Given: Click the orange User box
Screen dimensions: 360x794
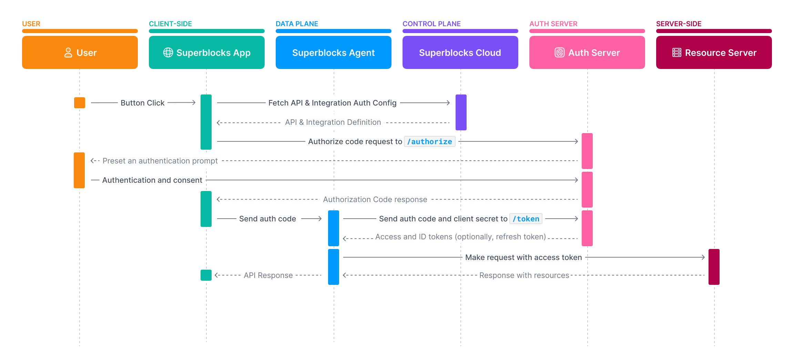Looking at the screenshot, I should (80, 52).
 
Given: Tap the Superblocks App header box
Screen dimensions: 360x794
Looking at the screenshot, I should (206, 52).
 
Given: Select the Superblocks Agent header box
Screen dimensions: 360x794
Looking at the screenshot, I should (333, 52).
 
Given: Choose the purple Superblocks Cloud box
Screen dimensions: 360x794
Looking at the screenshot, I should (460, 52).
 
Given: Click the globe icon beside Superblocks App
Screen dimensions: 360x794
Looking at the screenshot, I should (168, 52).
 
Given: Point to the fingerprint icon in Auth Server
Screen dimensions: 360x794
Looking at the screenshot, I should (559, 52).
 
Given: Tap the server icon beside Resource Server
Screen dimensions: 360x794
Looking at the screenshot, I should (676, 52).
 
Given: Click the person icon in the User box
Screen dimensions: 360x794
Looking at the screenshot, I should (68, 52).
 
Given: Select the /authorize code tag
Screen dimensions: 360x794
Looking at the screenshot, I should (429, 141).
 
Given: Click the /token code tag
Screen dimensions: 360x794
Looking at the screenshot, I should (526, 219).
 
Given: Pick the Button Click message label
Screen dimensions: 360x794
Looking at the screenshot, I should (142, 103).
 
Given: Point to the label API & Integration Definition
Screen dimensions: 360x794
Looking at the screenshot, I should (333, 122).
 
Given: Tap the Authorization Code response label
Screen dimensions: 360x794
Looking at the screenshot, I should (375, 199).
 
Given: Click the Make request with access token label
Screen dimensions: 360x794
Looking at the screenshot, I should (523, 257).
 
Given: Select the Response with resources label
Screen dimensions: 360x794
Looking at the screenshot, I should (524, 275).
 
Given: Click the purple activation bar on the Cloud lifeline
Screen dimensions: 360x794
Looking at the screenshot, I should (461, 112).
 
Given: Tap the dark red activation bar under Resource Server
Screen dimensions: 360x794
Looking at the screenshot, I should (714, 267).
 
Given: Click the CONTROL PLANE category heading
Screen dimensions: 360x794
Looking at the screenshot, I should (431, 24).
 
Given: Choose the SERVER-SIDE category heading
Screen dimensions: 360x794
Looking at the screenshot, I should (679, 24).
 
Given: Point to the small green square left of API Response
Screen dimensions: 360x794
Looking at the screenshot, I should (206, 275).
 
